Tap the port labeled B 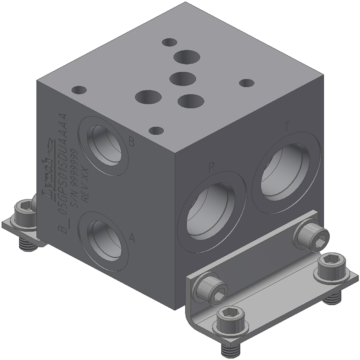[x=106, y=145]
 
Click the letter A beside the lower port [x=131, y=238]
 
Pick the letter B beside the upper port [x=131, y=141]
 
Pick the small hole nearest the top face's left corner [x=79, y=90]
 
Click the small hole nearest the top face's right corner [x=246, y=82]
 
